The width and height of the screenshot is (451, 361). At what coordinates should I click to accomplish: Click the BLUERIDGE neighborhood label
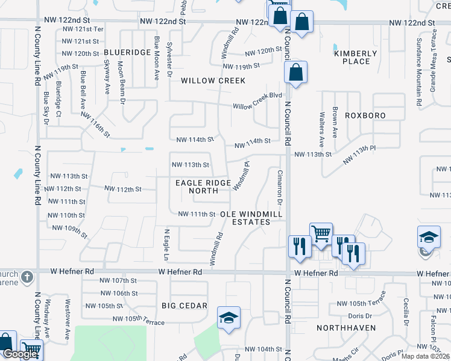[127, 52]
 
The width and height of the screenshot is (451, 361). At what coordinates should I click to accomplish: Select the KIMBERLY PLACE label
[356, 57]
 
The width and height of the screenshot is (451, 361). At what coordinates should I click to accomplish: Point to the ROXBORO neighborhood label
[365, 115]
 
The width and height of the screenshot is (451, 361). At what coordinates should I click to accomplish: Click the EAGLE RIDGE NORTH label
[203, 187]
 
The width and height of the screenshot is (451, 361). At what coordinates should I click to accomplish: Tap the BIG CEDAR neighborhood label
[184, 306]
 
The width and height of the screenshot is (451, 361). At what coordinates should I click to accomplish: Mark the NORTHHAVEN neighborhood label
[347, 328]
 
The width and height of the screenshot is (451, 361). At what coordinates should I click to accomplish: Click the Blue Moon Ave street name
[156, 58]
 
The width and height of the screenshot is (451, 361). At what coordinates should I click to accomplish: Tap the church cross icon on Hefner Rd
[27, 277]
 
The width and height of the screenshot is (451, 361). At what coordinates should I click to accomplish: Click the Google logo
[20, 354]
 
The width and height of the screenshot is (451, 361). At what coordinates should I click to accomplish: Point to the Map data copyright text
[424, 356]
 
